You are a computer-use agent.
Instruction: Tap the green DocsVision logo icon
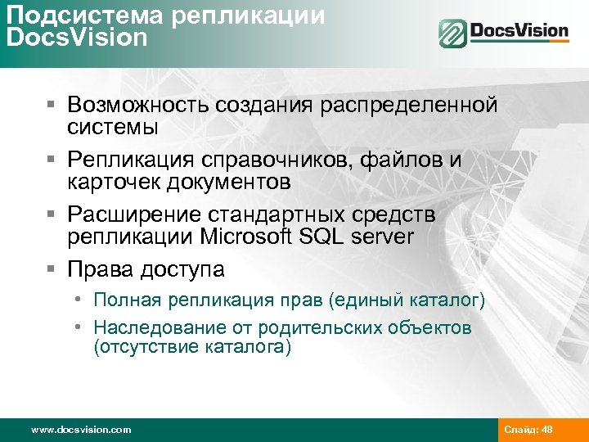[x=452, y=34]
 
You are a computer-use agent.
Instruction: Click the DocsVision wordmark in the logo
[x=519, y=32]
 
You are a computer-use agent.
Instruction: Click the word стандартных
[x=285, y=214]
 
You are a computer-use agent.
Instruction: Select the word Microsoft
[x=236, y=237]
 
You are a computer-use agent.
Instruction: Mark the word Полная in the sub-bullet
[x=126, y=301]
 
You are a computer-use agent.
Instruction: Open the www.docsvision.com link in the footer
[x=80, y=430]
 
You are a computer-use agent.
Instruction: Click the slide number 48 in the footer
[x=547, y=430]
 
